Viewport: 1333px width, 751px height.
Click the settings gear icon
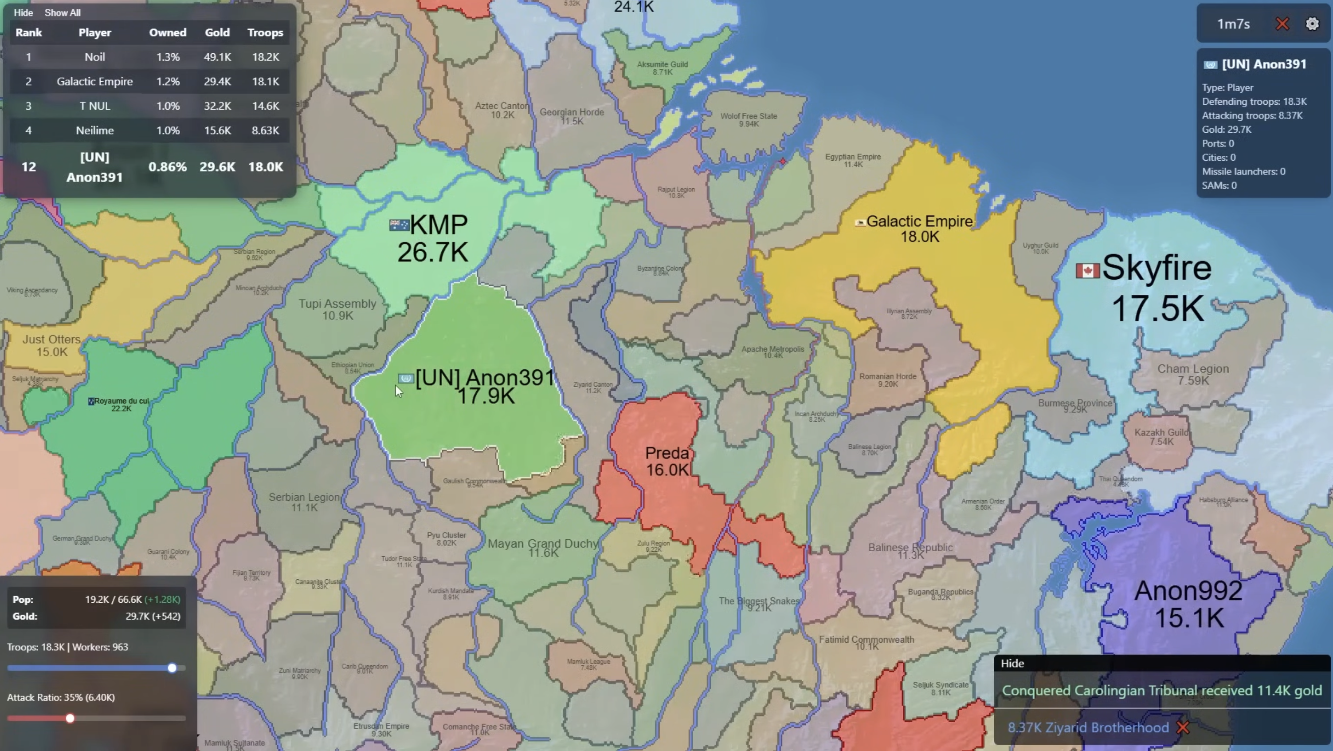(x=1312, y=24)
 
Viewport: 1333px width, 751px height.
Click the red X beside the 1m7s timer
(x=1282, y=24)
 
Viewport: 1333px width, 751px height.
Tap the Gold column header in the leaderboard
(x=217, y=33)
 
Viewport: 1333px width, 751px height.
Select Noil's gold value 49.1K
(x=217, y=57)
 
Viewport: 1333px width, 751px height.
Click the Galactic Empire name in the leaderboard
(x=95, y=81)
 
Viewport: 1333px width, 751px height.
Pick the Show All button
(x=62, y=12)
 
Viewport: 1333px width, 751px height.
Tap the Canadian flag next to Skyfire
(x=1087, y=270)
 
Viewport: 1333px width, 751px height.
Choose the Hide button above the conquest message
(x=1012, y=664)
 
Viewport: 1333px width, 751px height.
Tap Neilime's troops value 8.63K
(x=265, y=130)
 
